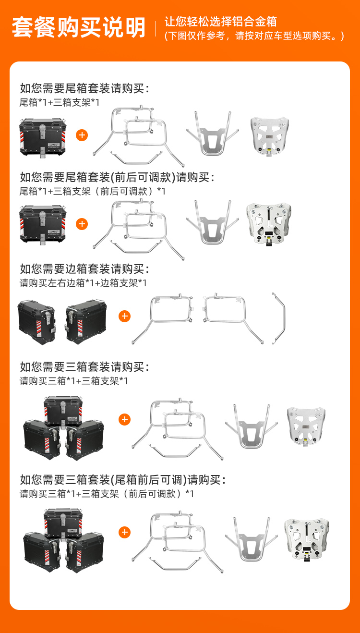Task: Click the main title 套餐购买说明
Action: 79,27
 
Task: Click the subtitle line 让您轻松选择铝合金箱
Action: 220,22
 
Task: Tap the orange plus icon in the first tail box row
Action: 82,135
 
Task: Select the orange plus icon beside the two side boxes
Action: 124,316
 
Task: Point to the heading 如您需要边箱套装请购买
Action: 84,269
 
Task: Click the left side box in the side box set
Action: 36,322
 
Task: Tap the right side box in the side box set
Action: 86,322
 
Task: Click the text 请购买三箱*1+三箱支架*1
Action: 74,381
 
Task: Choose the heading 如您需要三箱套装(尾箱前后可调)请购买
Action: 123,480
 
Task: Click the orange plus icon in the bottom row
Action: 124,533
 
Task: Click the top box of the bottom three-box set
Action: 63,523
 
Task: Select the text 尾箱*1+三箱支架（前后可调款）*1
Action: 92,191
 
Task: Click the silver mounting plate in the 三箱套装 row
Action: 306,426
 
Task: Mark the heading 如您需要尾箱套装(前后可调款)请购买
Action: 117,177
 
